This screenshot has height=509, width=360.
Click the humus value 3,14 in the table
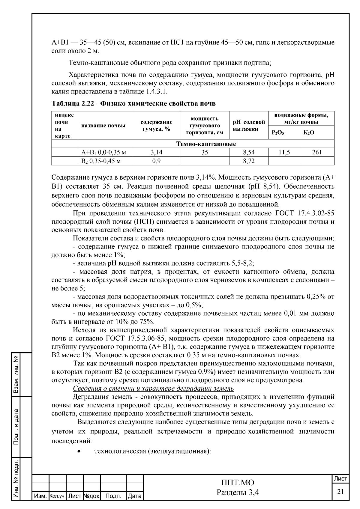click(156, 152)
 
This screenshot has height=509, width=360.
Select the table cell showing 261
click(317, 152)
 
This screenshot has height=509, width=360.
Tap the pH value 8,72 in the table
click(249, 161)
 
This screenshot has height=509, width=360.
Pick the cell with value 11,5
click(284, 152)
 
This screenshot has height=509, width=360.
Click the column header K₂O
click(309, 132)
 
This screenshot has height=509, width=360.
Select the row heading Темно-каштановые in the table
click(206, 144)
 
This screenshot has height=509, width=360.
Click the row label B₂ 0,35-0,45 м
click(101, 161)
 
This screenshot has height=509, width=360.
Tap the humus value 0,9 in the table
click(156, 161)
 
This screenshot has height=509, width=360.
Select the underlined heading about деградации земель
click(153, 388)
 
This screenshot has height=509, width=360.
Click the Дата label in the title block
click(135, 496)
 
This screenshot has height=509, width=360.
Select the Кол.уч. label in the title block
click(57, 496)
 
